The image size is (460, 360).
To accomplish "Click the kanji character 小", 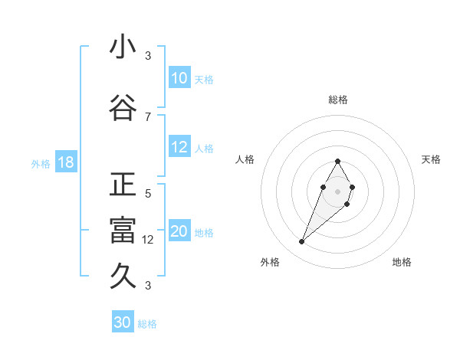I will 123,47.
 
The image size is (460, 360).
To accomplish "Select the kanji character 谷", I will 123,108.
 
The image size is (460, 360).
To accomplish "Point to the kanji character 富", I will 123,231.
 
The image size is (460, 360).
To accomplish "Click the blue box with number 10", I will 179,78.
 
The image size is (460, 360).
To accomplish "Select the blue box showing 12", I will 179,147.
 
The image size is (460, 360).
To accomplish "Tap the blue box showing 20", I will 179,231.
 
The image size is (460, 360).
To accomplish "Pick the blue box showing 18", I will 65,162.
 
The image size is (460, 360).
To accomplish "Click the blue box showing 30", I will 123,322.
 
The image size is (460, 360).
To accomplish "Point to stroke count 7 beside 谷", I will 148,116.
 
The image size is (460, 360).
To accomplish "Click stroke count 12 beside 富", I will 149,239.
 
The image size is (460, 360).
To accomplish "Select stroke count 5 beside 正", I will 148,193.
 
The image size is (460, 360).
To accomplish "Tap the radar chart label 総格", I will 337,100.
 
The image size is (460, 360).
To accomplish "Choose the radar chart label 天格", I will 431,159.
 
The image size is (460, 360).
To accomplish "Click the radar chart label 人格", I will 245,159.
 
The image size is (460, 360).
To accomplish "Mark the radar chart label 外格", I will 270,262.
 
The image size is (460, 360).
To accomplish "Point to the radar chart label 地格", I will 402,262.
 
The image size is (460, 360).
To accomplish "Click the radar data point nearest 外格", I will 301,242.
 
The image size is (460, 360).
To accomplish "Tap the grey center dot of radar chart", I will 337,190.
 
